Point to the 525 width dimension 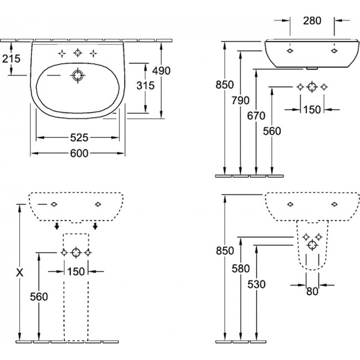pos(79,137)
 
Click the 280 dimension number pos(312,21)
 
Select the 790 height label pos(241,100)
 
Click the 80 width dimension pos(312,291)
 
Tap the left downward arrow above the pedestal pos(57,225)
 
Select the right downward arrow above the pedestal pos(96,225)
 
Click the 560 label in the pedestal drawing pos(39,296)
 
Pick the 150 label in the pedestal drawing pos(76,271)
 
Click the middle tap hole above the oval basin pos(78,53)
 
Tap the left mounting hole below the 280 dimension pos(290,50)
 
